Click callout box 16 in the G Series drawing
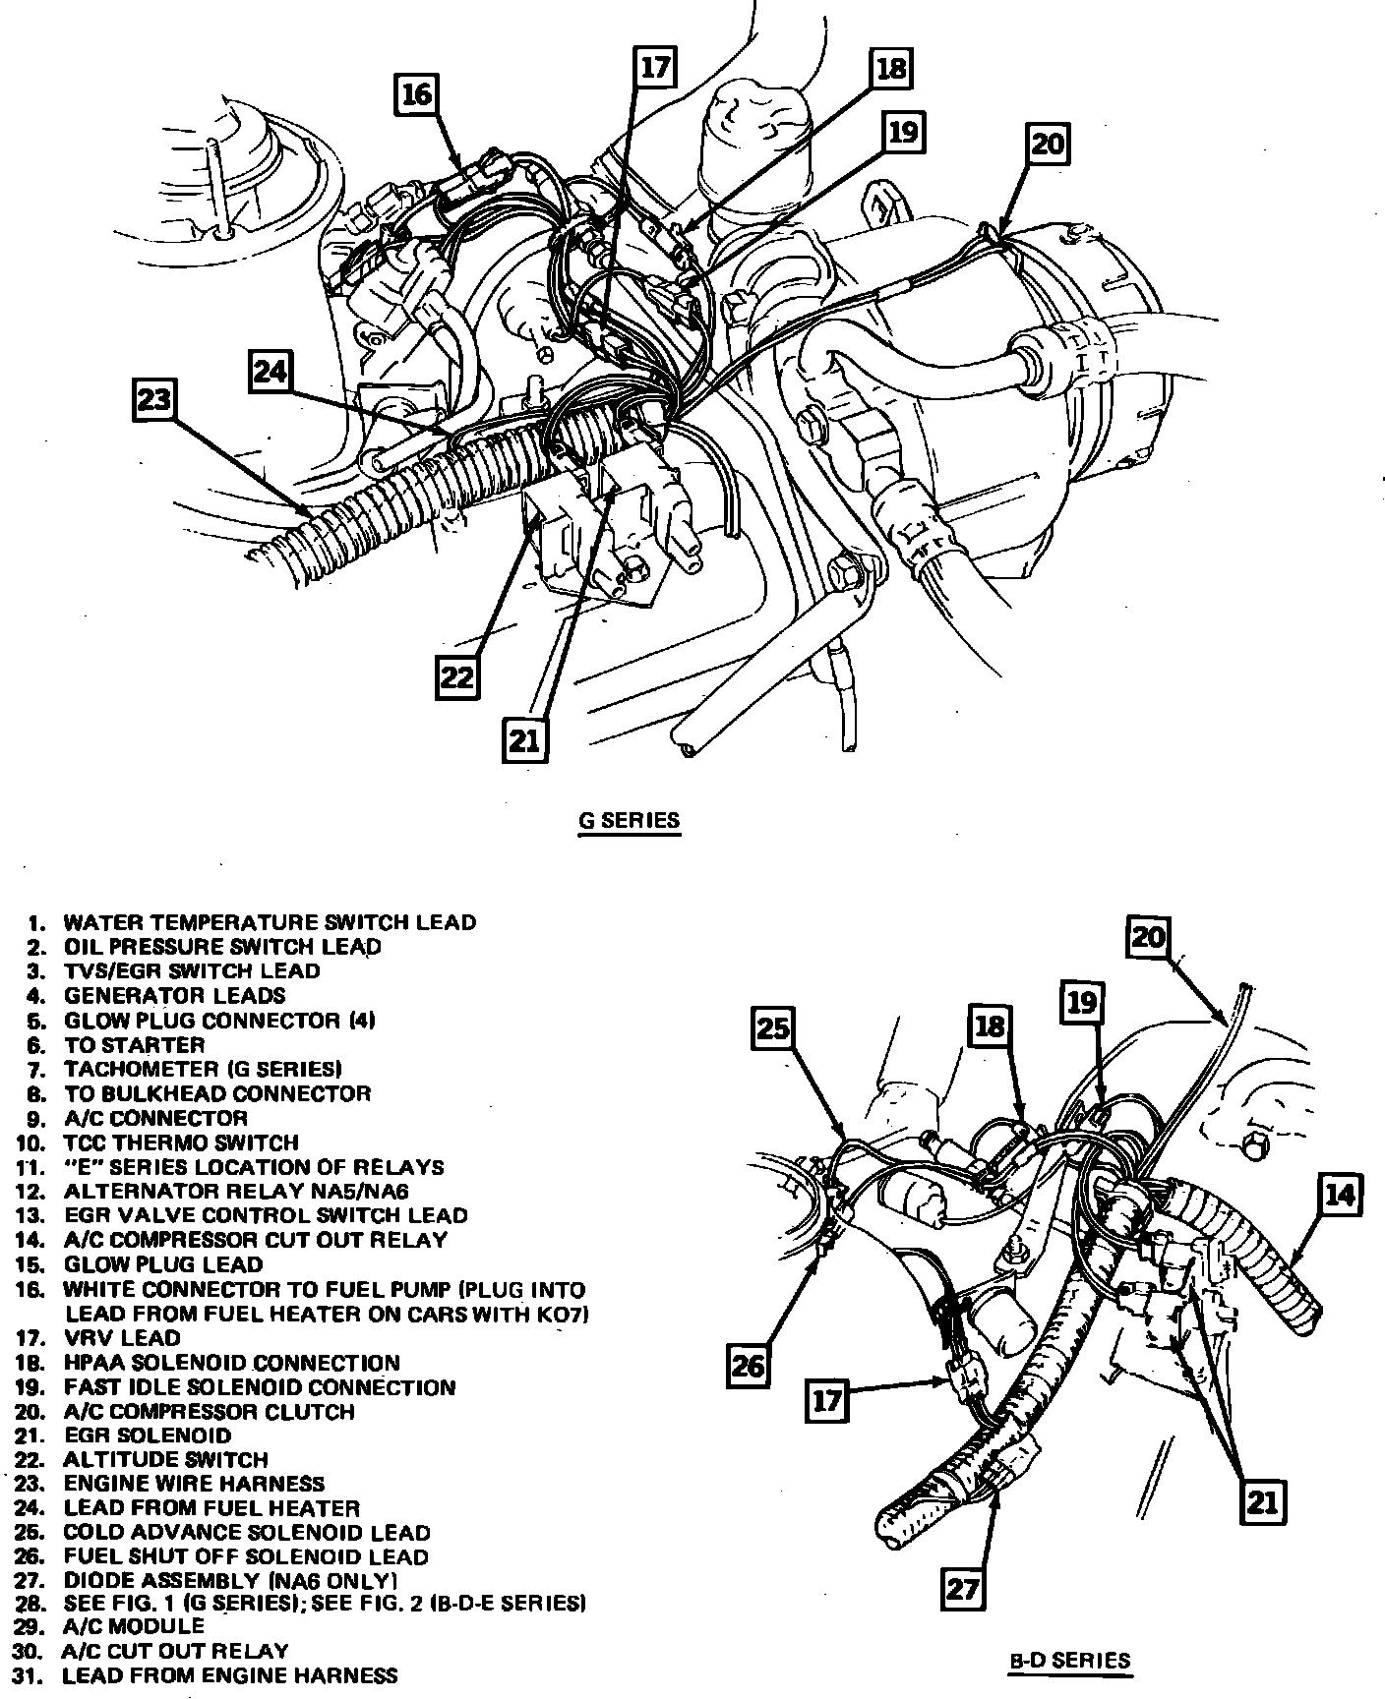tap(417, 94)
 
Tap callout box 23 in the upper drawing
tap(154, 401)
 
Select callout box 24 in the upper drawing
tap(271, 371)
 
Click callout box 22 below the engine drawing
tap(458, 676)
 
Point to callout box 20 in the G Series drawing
tap(1048, 145)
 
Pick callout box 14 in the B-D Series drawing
tap(1339, 1196)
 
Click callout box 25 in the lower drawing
tap(774, 1028)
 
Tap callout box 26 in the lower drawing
tap(749, 1367)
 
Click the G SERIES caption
tap(629, 820)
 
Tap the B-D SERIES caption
tap(1070, 1662)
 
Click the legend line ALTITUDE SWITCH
tap(165, 1460)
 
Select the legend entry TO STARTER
tap(134, 1045)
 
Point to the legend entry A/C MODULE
tap(134, 1626)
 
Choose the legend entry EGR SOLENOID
tap(148, 1435)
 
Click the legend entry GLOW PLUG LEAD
tap(162, 1264)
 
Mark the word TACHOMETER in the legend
tap(142, 1070)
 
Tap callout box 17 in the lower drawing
tap(827, 1400)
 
